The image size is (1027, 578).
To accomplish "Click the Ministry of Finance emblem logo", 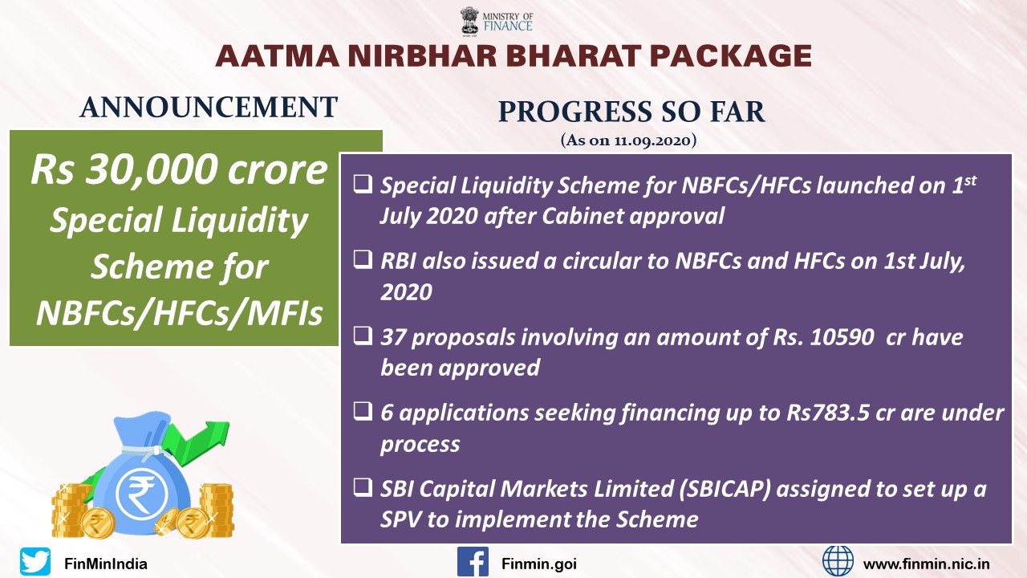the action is pos(469,21).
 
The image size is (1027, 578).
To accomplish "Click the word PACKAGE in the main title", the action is pos(731,56).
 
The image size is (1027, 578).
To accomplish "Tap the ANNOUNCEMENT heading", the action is pos(209,108).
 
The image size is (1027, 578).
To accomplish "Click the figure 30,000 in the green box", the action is pos(152,169).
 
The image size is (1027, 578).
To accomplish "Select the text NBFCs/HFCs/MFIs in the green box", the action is pos(179,313).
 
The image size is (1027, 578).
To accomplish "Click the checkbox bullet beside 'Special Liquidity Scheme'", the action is pos(363,184).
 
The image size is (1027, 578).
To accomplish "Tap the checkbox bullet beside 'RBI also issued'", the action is pos(363,259).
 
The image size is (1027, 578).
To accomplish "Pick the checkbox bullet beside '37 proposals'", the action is pos(363,336).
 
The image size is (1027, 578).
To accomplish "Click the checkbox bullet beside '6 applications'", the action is pos(363,412).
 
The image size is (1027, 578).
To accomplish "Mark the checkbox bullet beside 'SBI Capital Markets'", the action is pos(363,487).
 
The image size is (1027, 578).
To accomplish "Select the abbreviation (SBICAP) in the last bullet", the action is pos(725,490).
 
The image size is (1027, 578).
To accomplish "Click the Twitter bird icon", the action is pos(35,561).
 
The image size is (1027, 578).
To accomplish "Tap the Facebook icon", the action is pos(473,561).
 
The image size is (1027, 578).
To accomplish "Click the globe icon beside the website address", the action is pos(838,561).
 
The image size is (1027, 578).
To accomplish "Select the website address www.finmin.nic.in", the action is pos(926,564).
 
